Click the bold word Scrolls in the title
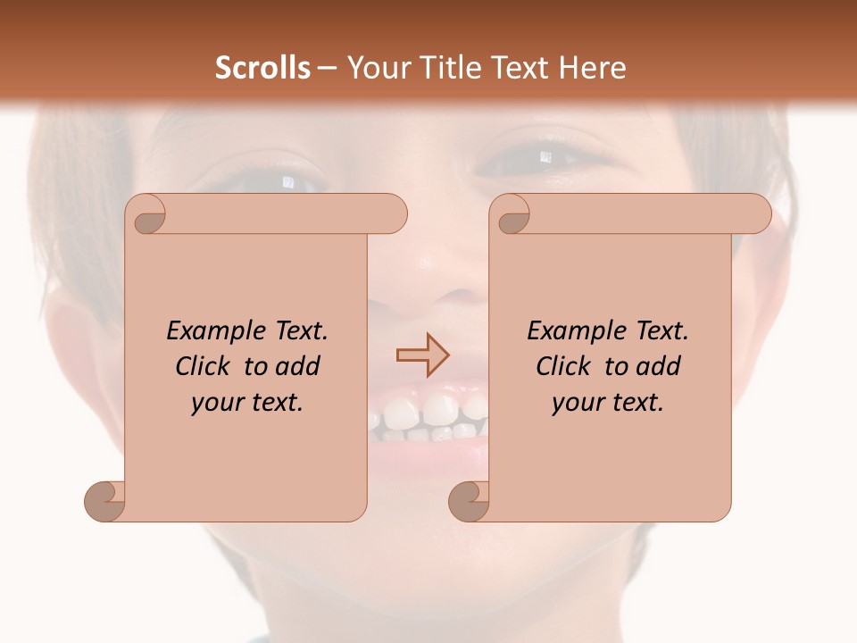pyautogui.click(x=262, y=68)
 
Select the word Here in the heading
pyautogui.click(x=592, y=68)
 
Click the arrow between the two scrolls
pyautogui.click(x=422, y=355)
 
